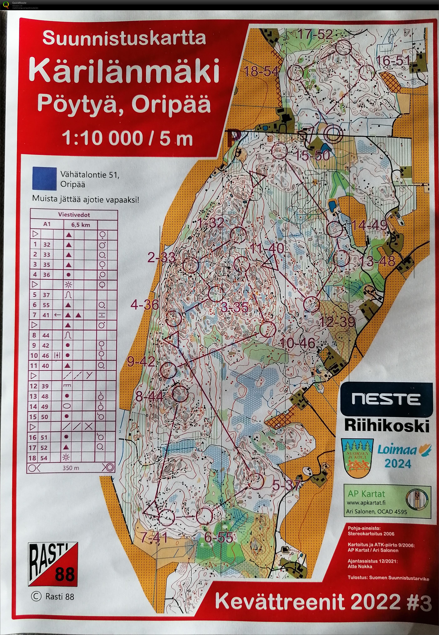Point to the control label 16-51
click(393, 61)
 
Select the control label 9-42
click(141, 362)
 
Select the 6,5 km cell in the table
click(81, 225)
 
